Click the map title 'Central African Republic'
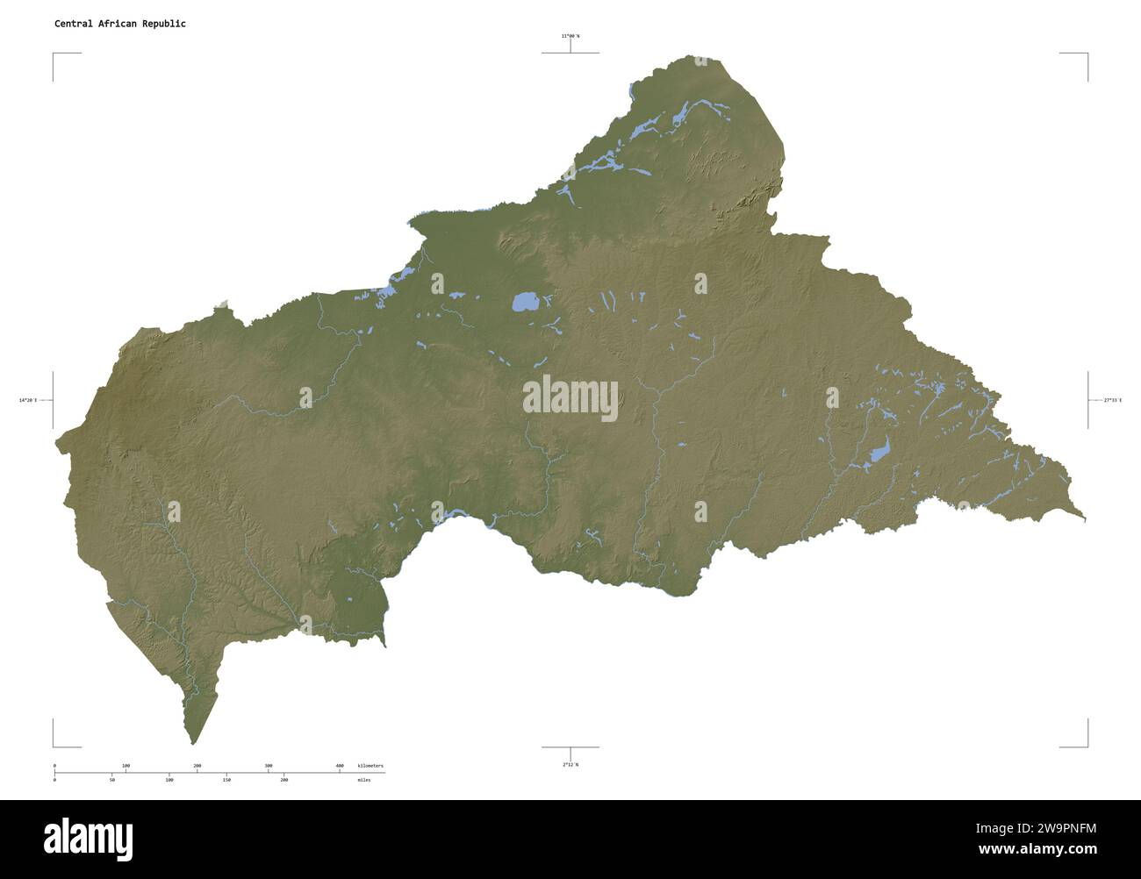[119, 24]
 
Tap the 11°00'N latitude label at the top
[570, 36]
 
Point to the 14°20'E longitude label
[28, 400]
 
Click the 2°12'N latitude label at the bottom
[570, 764]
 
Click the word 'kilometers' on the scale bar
[370, 766]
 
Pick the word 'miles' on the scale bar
[363, 779]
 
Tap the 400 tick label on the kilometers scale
[340, 766]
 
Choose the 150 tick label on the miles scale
[226, 779]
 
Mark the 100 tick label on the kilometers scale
[126, 766]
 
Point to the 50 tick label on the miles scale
[111, 779]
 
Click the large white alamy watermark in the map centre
[570, 399]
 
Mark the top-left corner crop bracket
[54, 54]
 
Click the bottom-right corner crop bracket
[1087, 746]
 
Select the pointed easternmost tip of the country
[1085, 520]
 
